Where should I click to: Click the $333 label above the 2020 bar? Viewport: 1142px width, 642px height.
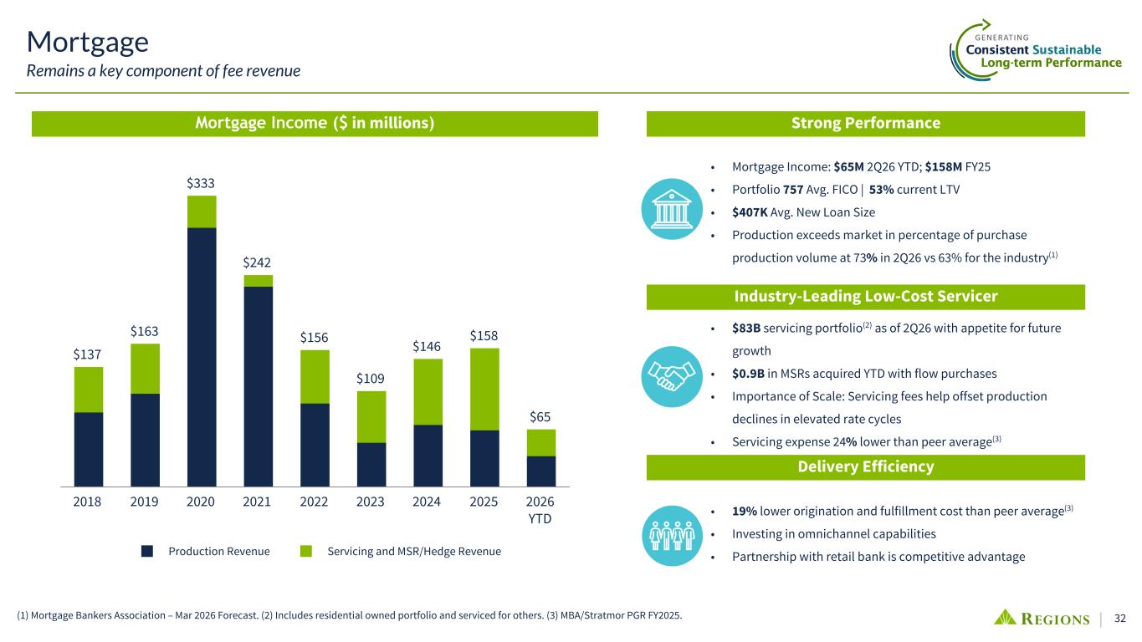point(200,183)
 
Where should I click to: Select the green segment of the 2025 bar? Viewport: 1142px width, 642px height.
point(484,390)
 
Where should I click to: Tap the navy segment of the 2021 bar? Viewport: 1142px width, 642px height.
point(258,387)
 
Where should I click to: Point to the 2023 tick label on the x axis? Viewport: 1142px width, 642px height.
point(370,502)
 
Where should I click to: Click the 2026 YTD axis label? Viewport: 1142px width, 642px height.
point(540,510)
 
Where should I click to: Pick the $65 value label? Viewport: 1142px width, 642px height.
point(540,417)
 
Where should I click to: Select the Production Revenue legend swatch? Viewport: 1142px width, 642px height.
point(147,552)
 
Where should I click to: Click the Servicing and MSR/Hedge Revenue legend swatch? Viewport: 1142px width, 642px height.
point(306,552)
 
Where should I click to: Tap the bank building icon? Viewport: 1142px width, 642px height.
point(672,209)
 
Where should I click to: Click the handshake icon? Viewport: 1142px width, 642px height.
point(672,376)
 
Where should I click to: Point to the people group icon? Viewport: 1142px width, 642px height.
point(672,536)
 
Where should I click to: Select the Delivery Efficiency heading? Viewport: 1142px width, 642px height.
point(866,466)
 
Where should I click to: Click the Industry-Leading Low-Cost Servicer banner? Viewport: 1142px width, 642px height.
point(866,297)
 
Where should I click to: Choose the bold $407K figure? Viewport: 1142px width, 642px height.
point(750,212)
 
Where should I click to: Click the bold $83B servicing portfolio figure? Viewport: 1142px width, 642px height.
point(746,329)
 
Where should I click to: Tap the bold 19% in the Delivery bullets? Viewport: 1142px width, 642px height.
point(745,511)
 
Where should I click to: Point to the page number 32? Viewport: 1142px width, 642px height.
point(1119,619)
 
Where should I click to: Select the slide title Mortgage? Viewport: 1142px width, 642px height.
point(88,43)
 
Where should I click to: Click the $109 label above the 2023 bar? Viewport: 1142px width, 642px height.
point(370,379)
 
